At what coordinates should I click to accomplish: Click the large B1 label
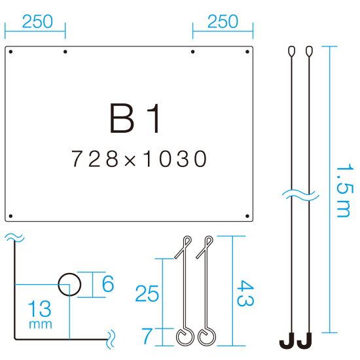pos(135,118)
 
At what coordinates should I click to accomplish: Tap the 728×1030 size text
pos(139,158)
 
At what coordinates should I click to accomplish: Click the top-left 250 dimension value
pos(37,22)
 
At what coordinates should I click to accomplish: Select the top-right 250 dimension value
pos(223,22)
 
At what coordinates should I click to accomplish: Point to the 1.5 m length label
pos(344,190)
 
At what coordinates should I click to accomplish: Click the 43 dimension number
pos(245,293)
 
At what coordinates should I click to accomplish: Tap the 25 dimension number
pos(147,293)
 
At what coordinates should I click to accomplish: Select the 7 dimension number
pos(147,336)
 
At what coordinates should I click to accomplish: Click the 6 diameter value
pos(108,284)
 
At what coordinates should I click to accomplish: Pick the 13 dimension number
pos(39,308)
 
